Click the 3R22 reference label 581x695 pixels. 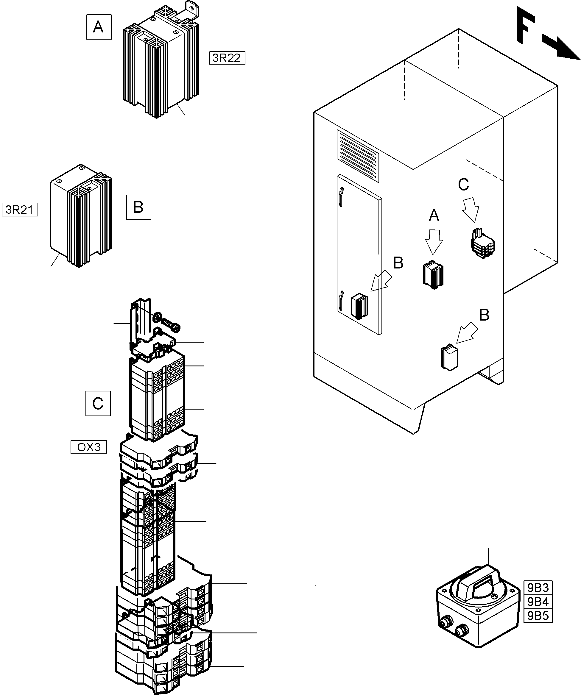(227, 58)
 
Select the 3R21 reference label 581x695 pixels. (20, 210)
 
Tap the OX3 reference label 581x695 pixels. (89, 447)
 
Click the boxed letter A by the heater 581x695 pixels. (99, 27)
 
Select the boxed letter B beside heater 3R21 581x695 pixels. (138, 207)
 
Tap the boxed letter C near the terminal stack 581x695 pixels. (98, 403)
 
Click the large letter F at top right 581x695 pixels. (526, 28)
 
